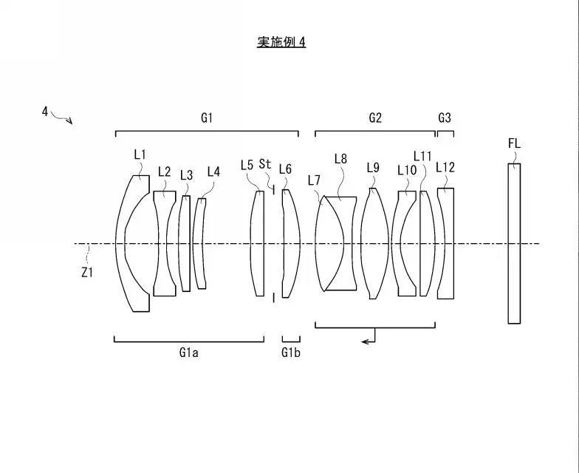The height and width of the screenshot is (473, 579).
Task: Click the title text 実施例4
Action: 281,42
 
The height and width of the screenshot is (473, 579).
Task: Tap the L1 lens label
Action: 140,154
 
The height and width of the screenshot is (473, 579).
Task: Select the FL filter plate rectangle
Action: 514,243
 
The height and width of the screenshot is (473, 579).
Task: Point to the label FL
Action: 514,143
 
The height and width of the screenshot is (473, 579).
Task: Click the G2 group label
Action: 374,118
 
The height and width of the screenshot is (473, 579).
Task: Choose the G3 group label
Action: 445,118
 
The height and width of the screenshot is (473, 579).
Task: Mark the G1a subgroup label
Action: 189,353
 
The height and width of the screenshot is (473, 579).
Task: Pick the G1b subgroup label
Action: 290,353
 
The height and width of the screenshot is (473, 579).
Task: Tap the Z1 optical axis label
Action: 87,271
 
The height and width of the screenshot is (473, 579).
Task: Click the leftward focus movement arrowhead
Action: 365,340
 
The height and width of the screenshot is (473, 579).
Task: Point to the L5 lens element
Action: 258,243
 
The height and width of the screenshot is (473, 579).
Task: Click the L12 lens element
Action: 446,243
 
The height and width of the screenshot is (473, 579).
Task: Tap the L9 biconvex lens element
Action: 374,243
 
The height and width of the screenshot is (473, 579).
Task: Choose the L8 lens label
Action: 340,158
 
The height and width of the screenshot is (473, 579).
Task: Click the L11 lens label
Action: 422,156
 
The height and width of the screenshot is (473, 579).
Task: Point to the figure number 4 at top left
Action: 45,111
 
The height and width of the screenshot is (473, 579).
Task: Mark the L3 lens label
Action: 186,175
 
